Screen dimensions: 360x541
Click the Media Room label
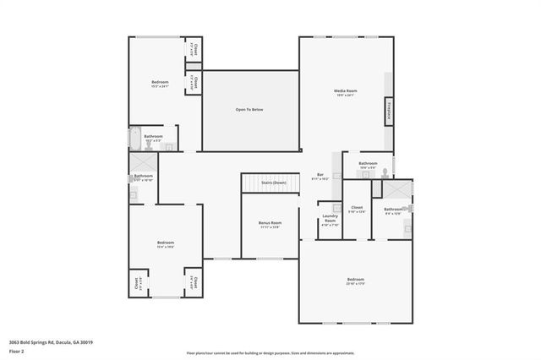(346, 92)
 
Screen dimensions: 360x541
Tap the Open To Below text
(250, 110)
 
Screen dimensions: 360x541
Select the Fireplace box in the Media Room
(389, 111)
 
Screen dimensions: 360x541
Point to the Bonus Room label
(270, 225)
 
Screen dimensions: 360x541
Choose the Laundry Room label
(330, 219)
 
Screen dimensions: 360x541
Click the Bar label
(320, 177)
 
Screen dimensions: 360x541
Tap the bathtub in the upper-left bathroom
(135, 136)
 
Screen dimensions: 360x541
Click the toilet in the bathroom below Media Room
(384, 172)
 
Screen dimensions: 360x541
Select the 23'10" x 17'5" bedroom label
(355, 281)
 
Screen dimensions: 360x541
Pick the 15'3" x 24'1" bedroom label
(160, 84)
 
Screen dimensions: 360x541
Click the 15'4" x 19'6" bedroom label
(165, 244)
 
